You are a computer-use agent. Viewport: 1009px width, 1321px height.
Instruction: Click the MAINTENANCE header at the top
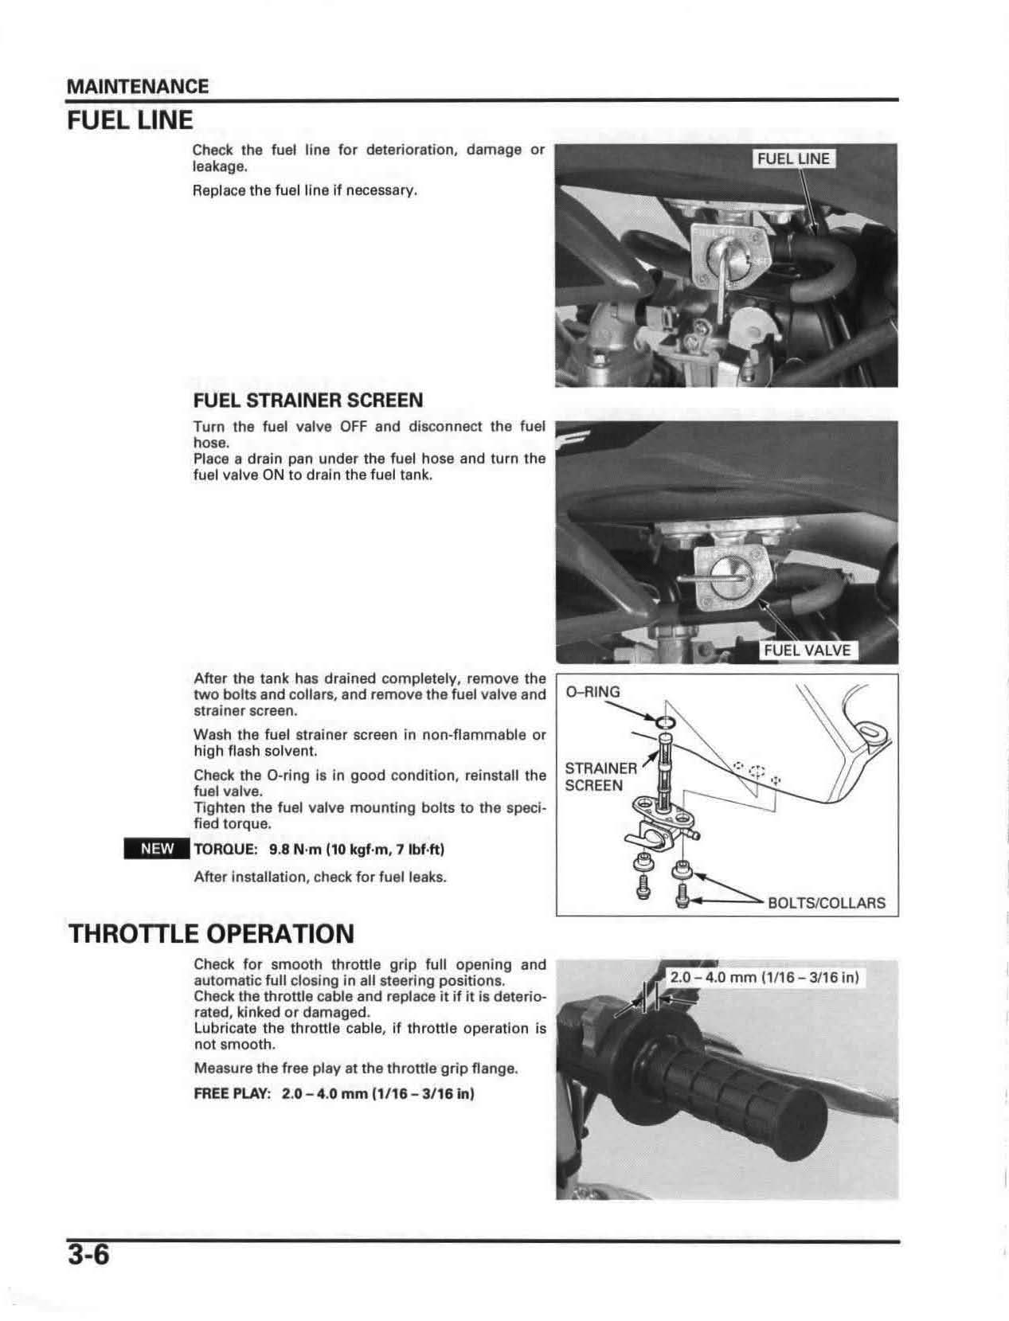point(137,87)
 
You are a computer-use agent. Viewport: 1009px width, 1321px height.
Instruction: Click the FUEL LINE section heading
point(130,120)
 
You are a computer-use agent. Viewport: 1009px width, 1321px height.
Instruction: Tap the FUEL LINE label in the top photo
point(793,158)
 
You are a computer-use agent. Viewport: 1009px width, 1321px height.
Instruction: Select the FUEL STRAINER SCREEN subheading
point(308,400)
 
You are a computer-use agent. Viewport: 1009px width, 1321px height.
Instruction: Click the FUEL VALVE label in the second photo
point(808,651)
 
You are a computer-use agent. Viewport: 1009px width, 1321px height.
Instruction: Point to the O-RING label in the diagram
point(592,692)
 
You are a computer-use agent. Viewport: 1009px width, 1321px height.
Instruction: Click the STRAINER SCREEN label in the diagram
point(600,776)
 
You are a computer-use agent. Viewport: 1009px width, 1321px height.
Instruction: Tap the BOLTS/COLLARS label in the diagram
point(826,903)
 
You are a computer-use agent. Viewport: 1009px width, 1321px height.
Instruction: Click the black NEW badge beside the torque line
point(157,849)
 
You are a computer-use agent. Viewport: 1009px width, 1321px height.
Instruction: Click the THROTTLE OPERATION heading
point(211,933)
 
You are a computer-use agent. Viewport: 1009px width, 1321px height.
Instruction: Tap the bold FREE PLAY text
point(233,1093)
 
